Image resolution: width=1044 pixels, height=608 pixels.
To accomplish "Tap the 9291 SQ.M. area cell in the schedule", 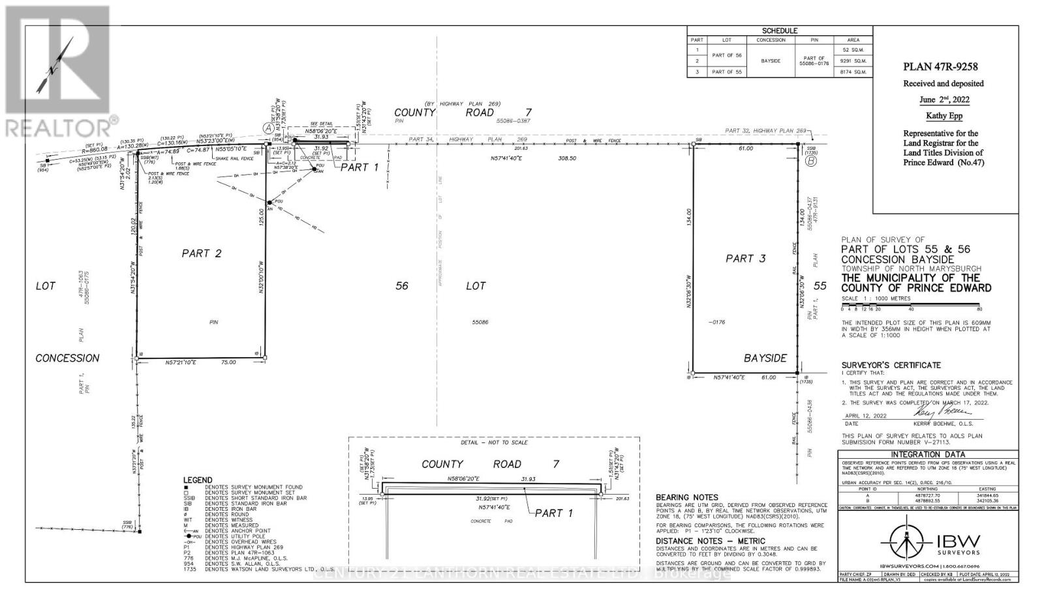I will pos(855,61).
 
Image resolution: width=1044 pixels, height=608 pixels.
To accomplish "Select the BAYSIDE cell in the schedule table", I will pos(771,61).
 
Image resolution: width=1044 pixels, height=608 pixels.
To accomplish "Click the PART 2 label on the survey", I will pos(202,253).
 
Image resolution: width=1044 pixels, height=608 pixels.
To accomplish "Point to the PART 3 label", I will pos(745,259).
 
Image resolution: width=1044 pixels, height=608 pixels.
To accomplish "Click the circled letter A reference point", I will pos(268,128).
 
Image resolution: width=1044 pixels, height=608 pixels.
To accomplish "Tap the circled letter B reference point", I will pos(810,161).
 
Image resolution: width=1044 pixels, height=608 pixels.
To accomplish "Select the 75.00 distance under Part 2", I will pos(228,362).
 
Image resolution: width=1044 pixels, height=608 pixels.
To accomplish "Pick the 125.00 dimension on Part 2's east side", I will pos(260,216).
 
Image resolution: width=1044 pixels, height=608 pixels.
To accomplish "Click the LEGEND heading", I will pos(198,480).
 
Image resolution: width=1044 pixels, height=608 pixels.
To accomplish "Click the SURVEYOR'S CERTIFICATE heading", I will pos(891,365).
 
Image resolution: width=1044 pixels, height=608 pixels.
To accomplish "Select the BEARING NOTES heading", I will pos(686,497).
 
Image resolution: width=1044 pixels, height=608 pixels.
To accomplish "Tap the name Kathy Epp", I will pos(944,116).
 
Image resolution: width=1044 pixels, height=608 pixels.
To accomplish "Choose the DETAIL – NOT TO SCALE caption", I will pos(494,442).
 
